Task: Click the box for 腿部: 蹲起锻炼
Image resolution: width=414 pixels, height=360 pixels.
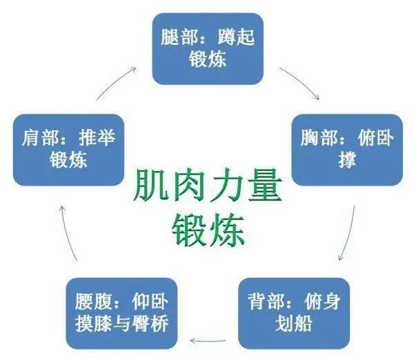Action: pyautogui.click(x=208, y=49)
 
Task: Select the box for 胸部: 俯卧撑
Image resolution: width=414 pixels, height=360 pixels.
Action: pyautogui.click(x=347, y=150)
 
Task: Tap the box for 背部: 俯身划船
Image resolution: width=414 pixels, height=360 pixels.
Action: pyautogui.click(x=294, y=313)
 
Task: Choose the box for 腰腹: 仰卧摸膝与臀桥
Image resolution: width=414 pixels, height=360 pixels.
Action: pyautogui.click(x=121, y=313)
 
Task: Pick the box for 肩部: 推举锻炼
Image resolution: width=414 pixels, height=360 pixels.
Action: pyautogui.click(x=68, y=150)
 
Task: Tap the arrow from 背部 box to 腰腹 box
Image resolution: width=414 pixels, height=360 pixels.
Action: pyautogui.click(x=208, y=341)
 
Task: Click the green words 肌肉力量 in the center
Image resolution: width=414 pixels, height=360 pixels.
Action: pyautogui.click(x=208, y=186)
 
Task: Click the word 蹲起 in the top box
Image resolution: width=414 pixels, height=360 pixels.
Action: pyautogui.click(x=236, y=37)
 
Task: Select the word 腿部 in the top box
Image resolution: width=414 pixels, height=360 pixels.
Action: pyautogui.click(x=179, y=37)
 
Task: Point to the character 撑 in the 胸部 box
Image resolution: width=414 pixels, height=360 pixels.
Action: pyautogui.click(x=347, y=160)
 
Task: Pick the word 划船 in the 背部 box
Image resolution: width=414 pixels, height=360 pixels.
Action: pyautogui.click(x=294, y=323)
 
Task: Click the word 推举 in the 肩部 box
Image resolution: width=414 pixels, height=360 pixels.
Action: pyautogui.click(x=97, y=138)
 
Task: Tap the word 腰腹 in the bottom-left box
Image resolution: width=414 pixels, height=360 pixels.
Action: pyautogui.click(x=93, y=301)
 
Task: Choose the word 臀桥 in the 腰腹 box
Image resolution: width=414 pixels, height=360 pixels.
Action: pyautogui.click(x=150, y=323)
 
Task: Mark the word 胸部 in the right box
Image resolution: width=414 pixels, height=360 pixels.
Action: pyautogui.click(x=319, y=138)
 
